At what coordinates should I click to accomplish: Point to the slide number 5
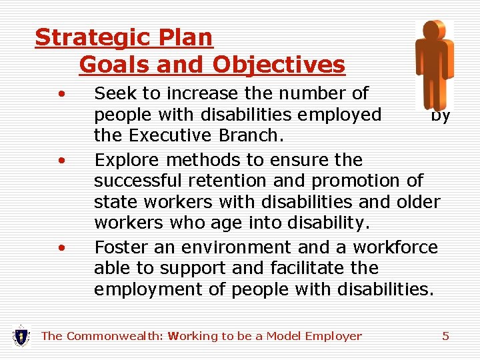click(445, 336)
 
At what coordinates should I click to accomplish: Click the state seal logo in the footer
click(21, 335)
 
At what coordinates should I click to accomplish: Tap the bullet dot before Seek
click(61, 93)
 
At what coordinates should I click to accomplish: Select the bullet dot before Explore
click(61, 161)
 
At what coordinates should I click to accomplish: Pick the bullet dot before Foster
click(61, 248)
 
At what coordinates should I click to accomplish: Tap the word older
click(417, 201)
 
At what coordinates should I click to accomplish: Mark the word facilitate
click(299, 269)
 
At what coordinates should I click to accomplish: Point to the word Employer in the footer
click(333, 336)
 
